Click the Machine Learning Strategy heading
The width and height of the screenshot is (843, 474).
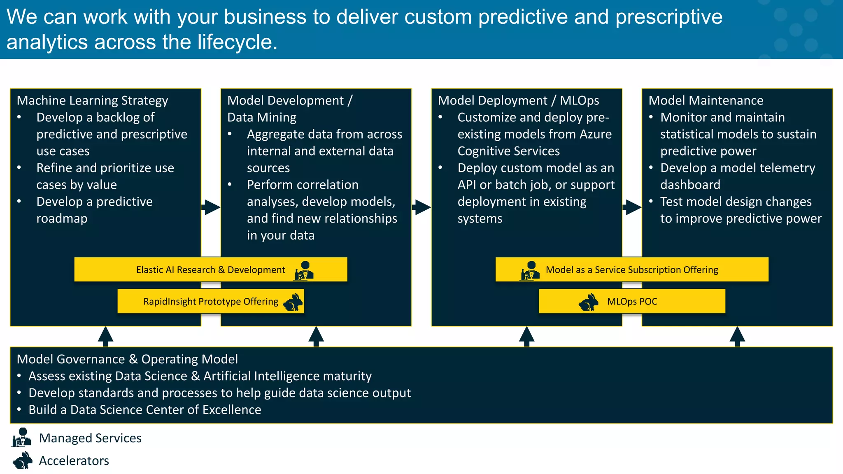coord(92,100)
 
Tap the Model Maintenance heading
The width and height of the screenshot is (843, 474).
coord(706,100)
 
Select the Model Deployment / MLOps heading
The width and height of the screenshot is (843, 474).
coord(518,100)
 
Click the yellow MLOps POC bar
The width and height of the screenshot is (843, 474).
coord(631,301)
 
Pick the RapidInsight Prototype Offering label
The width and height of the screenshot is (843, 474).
coord(210,302)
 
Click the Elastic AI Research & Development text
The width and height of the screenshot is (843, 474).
coord(210,270)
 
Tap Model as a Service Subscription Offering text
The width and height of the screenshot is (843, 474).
coord(631,270)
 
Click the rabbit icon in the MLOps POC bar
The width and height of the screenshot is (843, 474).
coord(589,302)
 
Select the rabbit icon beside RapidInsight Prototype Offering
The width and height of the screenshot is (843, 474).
coord(293,302)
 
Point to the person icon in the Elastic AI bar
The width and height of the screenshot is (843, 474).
coord(304,270)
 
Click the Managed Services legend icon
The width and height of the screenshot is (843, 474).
coord(22,437)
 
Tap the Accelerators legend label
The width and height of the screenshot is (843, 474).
coord(74,460)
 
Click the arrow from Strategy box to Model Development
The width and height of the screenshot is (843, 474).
coord(211,207)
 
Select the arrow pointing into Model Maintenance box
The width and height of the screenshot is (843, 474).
coord(632,207)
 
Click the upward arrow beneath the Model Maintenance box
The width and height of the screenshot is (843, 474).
coord(737,336)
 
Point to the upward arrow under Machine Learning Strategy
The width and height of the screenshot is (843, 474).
coord(105,336)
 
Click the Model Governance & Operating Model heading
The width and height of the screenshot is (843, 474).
coord(127,359)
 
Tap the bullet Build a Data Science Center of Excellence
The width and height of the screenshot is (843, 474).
coord(144,410)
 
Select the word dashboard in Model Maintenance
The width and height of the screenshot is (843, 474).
coord(690,185)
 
